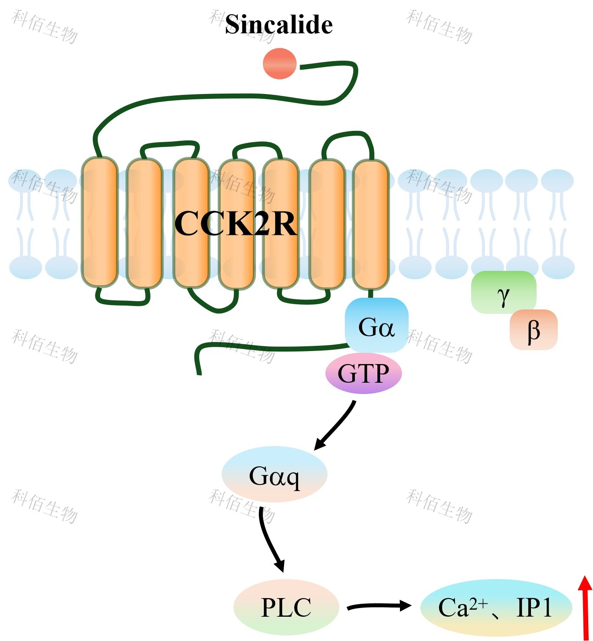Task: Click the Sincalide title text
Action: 278,24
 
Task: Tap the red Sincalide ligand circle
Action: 280,64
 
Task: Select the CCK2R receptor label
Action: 235,224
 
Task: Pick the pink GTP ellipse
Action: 364,373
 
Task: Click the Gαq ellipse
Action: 274,475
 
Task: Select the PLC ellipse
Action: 286,607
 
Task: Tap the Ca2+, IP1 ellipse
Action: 496,607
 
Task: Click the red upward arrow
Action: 585,607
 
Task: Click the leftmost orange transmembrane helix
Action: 100,222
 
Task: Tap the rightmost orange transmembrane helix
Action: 370,225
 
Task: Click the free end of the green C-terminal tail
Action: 199,373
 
